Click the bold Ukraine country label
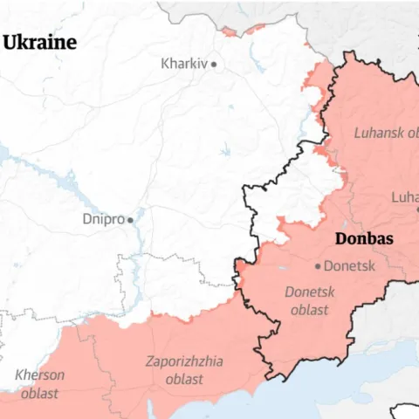(39, 43)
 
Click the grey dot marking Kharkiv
(213, 64)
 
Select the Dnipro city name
(103, 219)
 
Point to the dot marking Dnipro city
(131, 220)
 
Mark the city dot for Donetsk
(319, 266)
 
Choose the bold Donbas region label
(364, 239)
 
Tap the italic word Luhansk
(380, 133)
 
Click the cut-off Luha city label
(404, 196)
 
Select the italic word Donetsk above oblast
(310, 292)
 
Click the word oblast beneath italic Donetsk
(310, 310)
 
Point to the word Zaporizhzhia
(183, 361)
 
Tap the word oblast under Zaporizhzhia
(183, 379)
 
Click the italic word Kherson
(39, 375)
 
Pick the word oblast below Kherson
(39, 393)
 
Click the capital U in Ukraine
(10, 43)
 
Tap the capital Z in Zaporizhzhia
(149, 361)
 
